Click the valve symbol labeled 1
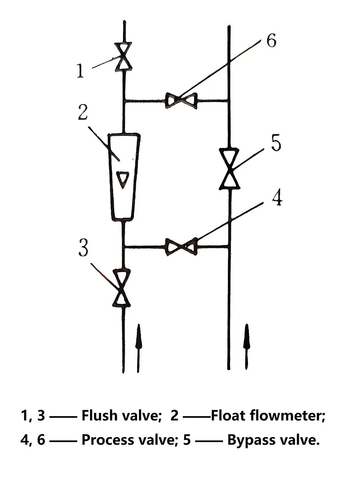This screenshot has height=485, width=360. [x=123, y=57]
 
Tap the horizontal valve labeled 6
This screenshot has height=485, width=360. [x=181, y=100]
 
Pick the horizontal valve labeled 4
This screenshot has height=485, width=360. [x=181, y=247]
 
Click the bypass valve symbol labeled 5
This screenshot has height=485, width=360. [x=230, y=168]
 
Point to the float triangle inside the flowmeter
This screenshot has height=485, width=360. [x=123, y=179]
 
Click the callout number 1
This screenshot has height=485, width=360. [x=80, y=71]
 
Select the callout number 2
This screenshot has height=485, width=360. [x=83, y=113]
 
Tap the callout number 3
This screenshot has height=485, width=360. [x=83, y=248]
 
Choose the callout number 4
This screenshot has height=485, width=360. [x=276, y=198]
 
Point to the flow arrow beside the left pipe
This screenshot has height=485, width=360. [x=138, y=347]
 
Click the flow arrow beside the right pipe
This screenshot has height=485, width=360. [x=247, y=346]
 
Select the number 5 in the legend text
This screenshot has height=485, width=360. [x=187, y=440]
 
